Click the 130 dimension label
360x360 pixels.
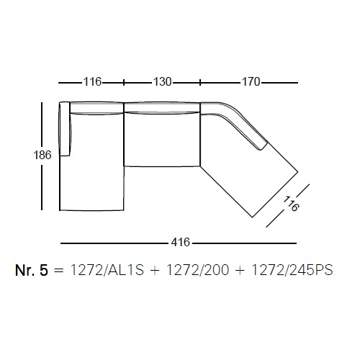pos(163,82)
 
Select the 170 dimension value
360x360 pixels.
pos(251,82)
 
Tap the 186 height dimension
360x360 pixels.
pos(42,155)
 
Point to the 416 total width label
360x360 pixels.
pos(181,242)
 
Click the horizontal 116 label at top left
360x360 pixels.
pos(92,82)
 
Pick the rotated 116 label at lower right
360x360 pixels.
pos(291,204)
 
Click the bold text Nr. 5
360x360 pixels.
pos(32,270)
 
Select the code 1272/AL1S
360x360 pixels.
pos(107,270)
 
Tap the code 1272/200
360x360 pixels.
pos(197,270)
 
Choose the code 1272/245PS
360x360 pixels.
pos(292,270)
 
